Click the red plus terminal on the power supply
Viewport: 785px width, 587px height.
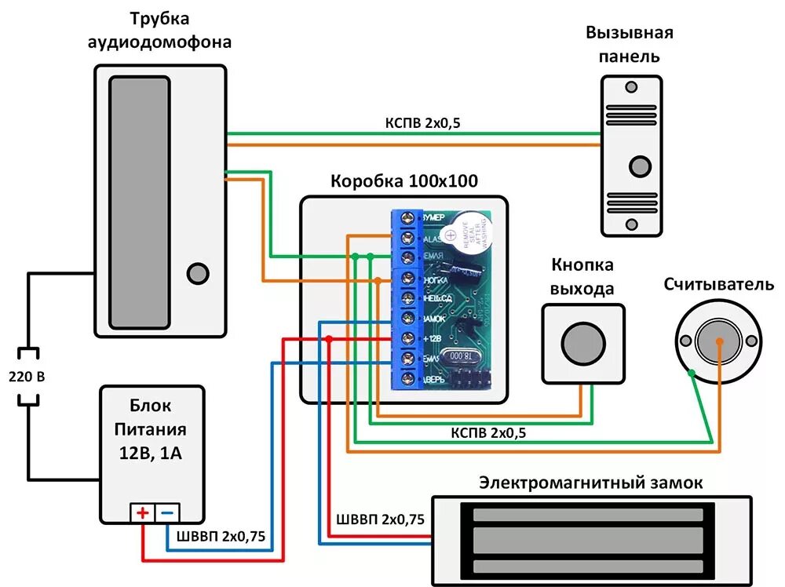tap(142, 513)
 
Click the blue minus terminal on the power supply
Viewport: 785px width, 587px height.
tap(168, 513)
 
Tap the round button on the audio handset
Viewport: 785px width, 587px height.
tap(198, 273)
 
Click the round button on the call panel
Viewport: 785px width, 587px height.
tap(641, 166)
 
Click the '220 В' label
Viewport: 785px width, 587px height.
tap(27, 377)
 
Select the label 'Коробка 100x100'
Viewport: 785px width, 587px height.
tap(404, 181)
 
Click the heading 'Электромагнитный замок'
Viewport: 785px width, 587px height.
tap(591, 482)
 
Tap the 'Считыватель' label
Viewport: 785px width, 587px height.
tap(718, 285)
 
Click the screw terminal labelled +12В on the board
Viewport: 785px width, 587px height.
tap(407, 339)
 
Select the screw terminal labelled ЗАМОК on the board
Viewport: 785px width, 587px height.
tap(407, 319)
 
